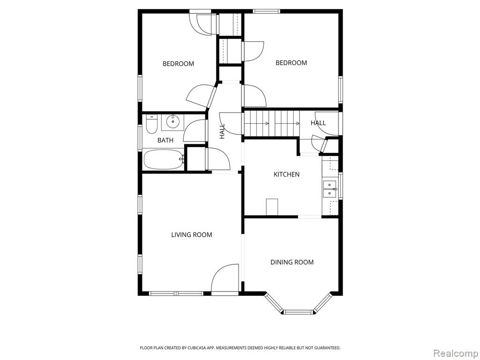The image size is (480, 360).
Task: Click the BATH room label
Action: pyautogui.click(x=165, y=140)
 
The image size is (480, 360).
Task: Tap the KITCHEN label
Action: pyautogui.click(x=286, y=174)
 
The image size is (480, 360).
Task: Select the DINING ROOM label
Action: pyautogui.click(x=292, y=262)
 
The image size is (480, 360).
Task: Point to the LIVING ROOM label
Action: pyautogui.click(x=192, y=235)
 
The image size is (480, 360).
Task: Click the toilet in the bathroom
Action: pyautogui.click(x=151, y=124)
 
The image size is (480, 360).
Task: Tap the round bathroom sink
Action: pyautogui.click(x=173, y=122)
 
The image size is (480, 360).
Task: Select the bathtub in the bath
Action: pyautogui.click(x=164, y=159)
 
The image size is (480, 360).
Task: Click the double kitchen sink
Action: pyautogui.click(x=330, y=189)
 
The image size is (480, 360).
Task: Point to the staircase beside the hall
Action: pyautogui.click(x=271, y=123)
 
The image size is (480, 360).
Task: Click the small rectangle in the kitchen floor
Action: pyautogui.click(x=272, y=207)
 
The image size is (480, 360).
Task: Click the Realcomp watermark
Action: pyautogui.click(x=455, y=353)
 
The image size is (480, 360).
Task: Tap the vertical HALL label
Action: pyautogui.click(x=222, y=131)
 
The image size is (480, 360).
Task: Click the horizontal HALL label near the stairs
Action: pyautogui.click(x=318, y=123)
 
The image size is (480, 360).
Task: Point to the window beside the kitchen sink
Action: pyautogui.click(x=340, y=186)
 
